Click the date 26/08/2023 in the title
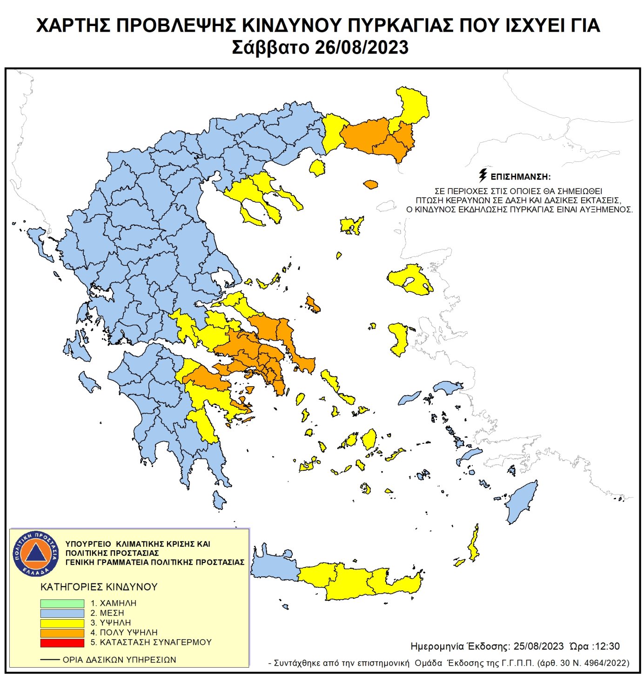pos(361,47)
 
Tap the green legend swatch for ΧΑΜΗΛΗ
pos(62,603)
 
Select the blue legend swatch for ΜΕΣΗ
pos(62,613)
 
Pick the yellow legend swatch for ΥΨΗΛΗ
pos(62,623)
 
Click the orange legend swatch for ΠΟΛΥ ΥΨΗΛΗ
pos(62,633)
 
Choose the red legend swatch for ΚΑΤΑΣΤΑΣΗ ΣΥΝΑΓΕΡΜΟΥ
pos(62,643)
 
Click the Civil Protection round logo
pos(35,553)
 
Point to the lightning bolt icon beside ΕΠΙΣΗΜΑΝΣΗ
pos(483,175)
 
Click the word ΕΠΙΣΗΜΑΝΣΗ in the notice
pos(521,177)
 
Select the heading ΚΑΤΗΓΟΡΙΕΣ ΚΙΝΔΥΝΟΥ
pos(99,587)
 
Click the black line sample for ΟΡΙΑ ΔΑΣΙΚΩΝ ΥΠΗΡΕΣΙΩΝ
pos(50,660)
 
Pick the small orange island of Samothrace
pos(370,185)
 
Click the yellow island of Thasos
pos(318,167)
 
